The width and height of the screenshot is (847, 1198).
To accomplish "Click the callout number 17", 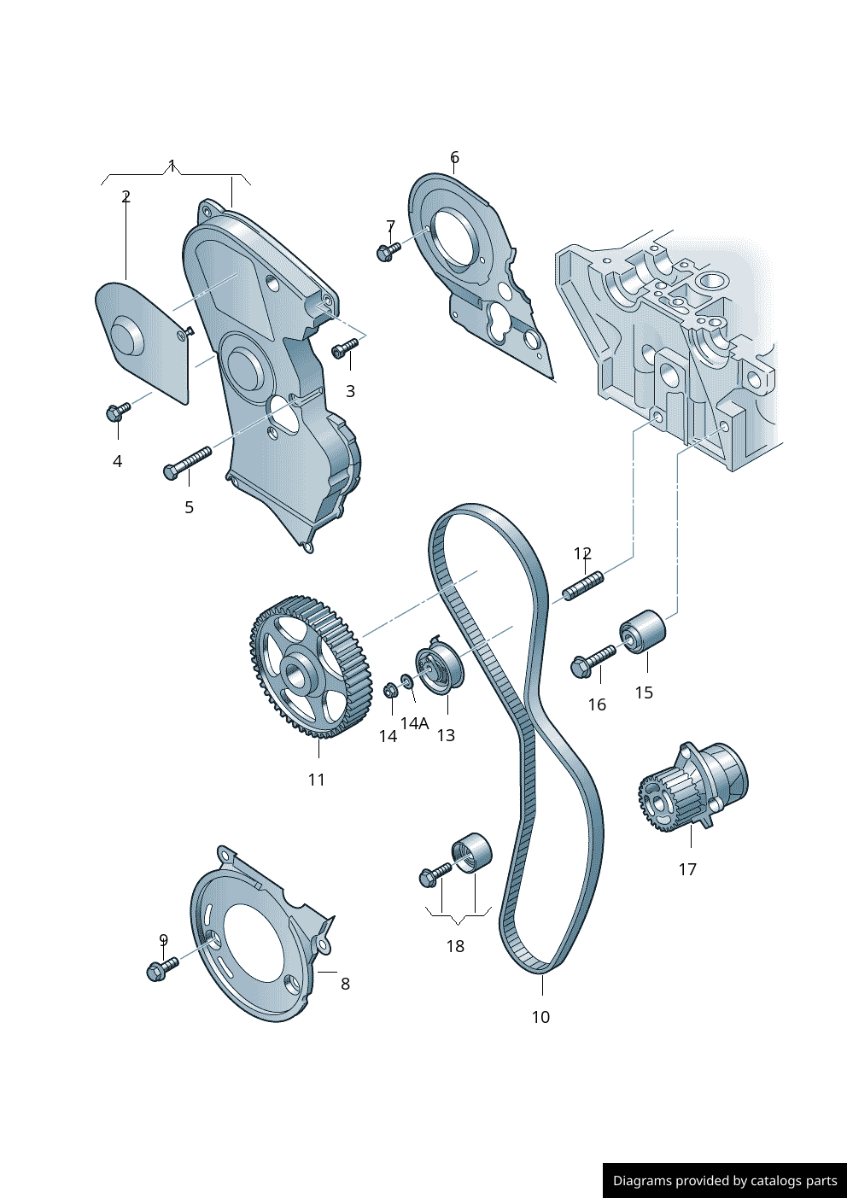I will [x=687, y=869].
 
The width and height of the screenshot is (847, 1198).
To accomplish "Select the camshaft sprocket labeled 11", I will [x=312, y=667].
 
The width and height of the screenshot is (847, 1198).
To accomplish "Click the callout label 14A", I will [x=414, y=723].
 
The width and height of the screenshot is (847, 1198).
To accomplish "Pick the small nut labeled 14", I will [x=389, y=689].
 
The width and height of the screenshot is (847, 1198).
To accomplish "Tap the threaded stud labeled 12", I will [x=583, y=587].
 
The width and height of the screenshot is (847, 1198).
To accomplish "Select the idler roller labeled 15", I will [x=643, y=632].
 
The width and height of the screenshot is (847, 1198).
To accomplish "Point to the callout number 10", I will [x=540, y=1017].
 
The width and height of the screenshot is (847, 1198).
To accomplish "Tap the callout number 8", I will [x=345, y=984].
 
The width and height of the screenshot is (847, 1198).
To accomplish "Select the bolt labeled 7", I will [x=387, y=251].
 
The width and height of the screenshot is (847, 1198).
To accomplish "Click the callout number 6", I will [x=454, y=157].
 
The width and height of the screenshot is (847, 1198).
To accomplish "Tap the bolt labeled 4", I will [x=117, y=412].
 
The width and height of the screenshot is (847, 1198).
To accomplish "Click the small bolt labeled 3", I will [x=345, y=347].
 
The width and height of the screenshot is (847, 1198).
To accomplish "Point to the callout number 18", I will [x=455, y=946].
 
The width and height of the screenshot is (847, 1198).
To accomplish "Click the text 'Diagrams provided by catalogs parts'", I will [x=725, y=1181].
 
